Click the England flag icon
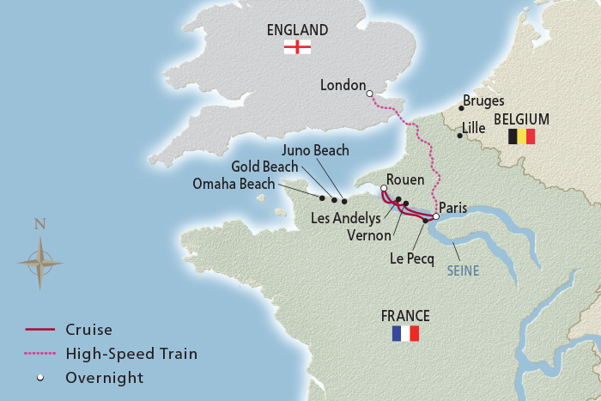[297, 47]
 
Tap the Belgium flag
[521, 137]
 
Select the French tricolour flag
[404, 333]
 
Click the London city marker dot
[369, 93]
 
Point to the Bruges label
[483, 101]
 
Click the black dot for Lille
[460, 135]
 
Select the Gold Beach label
[264, 167]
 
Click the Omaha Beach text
[234, 184]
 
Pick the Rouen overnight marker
[384, 188]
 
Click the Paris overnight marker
[435, 216]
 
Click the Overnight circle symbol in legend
[39, 378]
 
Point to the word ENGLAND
[297, 30]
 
